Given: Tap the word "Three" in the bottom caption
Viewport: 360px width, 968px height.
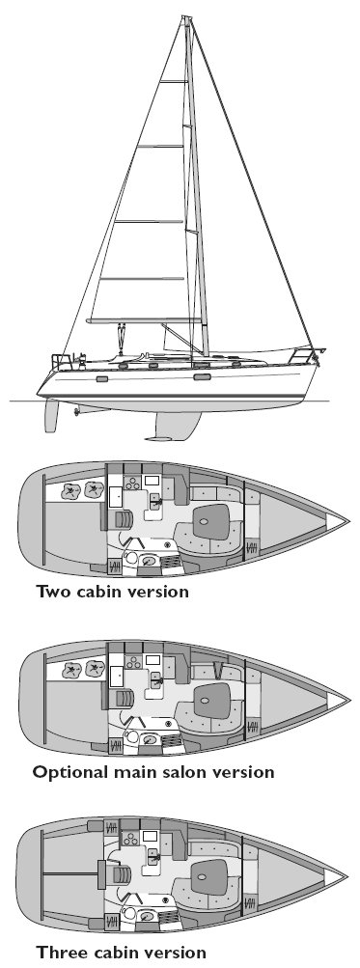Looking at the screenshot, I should pyautogui.click(x=61, y=953).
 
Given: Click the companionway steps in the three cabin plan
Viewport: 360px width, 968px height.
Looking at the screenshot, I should pyautogui.click(x=122, y=877).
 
